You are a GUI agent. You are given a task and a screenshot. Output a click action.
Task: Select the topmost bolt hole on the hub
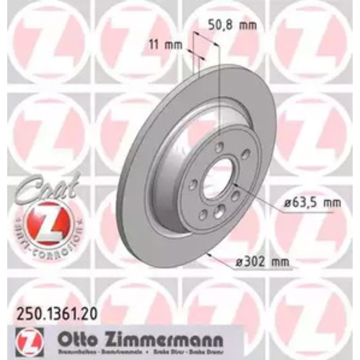click(x=219, y=147)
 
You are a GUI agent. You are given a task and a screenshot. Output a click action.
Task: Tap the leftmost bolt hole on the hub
click(x=195, y=184)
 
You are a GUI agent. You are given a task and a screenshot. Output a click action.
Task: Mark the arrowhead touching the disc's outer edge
click(x=210, y=254)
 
